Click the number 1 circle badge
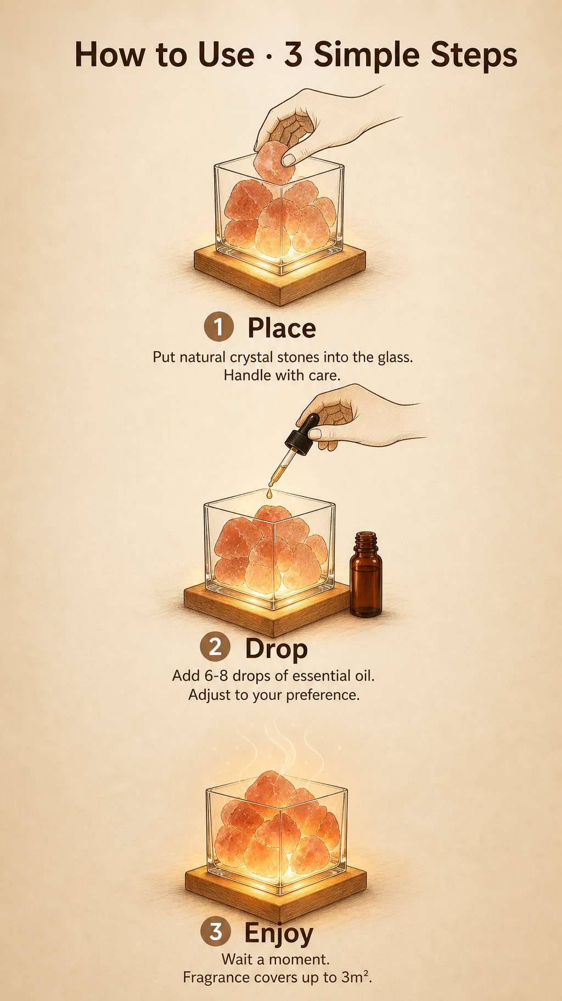point(218,327)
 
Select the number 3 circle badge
point(215,931)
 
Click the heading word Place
point(282,329)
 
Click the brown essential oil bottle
point(366,574)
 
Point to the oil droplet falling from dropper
point(269,494)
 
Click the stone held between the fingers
point(274,161)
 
